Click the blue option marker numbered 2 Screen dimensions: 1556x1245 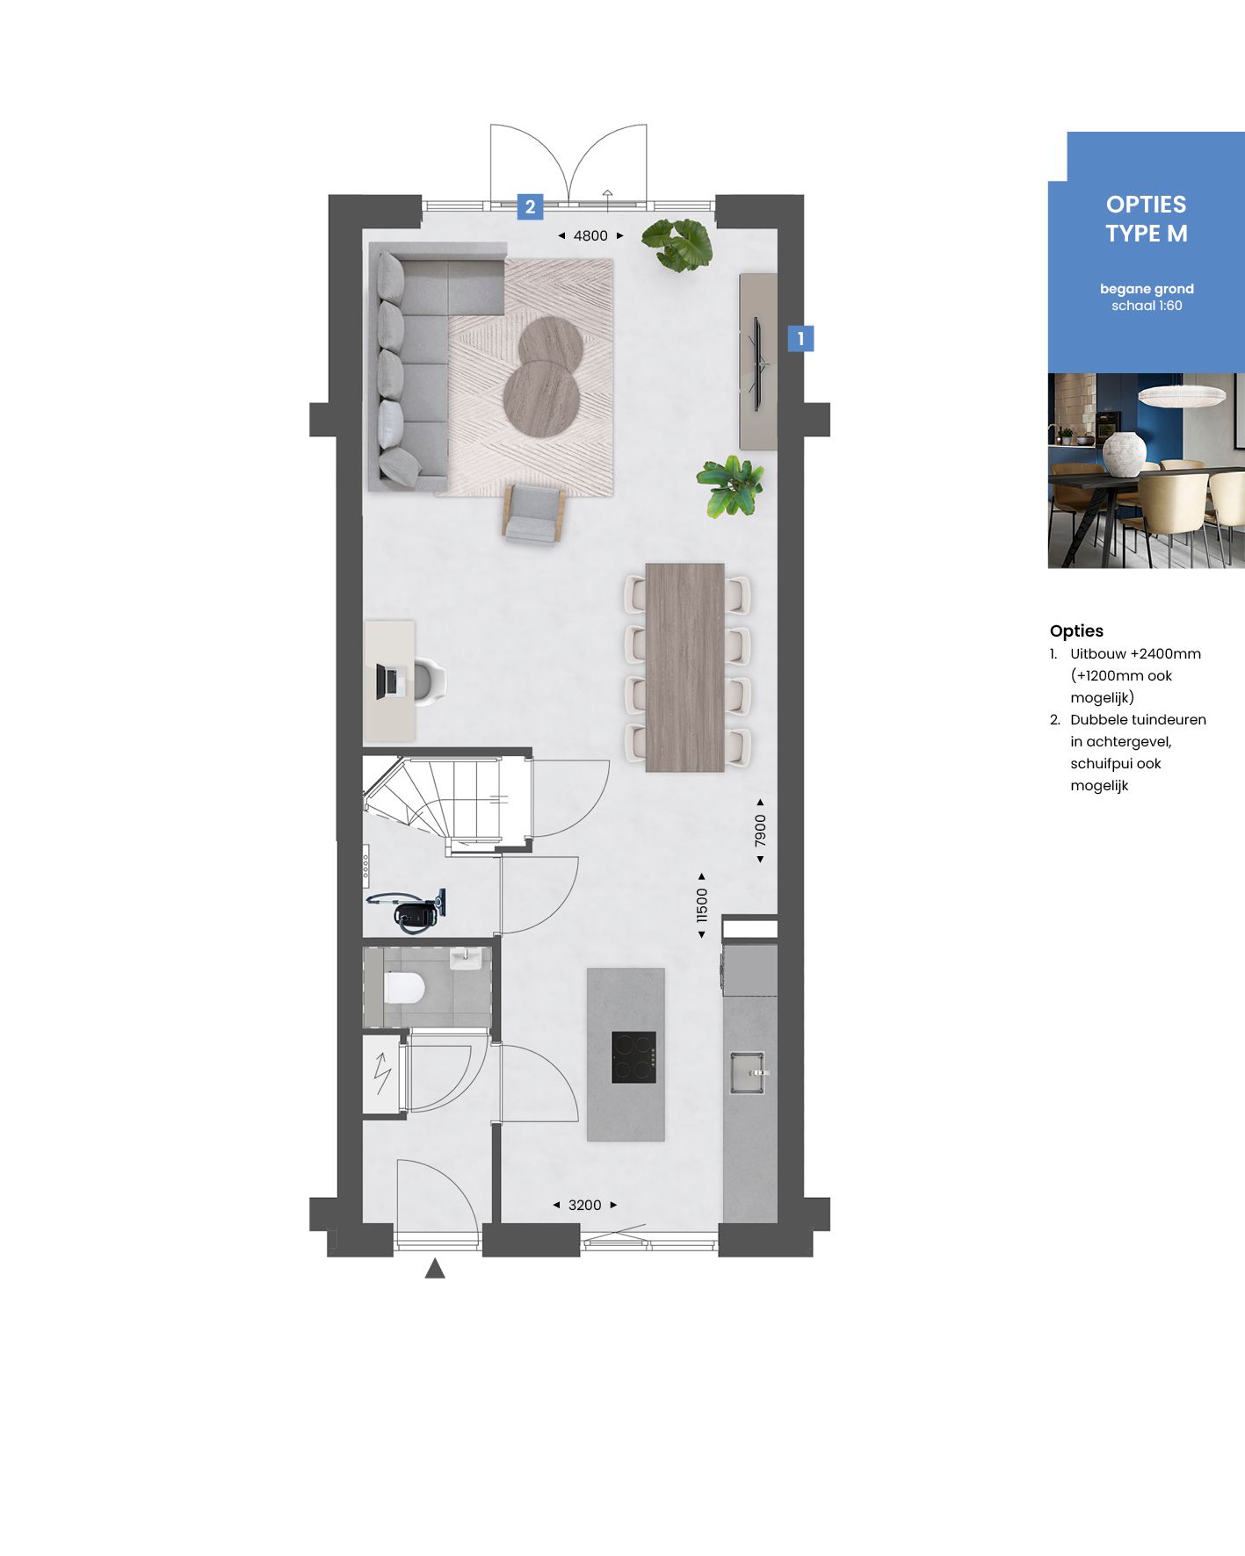[x=530, y=207]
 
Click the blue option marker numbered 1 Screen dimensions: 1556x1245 [x=800, y=338]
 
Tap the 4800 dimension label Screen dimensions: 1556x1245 [x=590, y=235]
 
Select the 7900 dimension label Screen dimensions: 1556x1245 [x=761, y=831]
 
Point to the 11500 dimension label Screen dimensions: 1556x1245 [x=701, y=905]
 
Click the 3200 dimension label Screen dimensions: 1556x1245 [x=585, y=1205]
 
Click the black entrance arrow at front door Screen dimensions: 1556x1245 [x=435, y=1269]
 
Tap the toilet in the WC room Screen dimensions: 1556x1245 [x=405, y=988]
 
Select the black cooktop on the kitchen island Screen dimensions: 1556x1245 [x=633, y=1057]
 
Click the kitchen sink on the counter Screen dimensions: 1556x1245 [x=748, y=1072]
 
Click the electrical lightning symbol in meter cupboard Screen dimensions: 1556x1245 [x=382, y=1073]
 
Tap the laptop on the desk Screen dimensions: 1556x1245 [x=387, y=681]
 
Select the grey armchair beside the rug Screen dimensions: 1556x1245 [x=533, y=514]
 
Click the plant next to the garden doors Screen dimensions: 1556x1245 [x=677, y=243]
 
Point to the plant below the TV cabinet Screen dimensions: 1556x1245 [x=730, y=485]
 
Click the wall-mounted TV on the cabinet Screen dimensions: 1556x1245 [x=757, y=361]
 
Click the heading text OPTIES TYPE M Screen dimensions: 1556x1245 [x=1146, y=219]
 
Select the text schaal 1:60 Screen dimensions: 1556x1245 [x=1146, y=306]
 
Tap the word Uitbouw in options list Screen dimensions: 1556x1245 [x=1097, y=653]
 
